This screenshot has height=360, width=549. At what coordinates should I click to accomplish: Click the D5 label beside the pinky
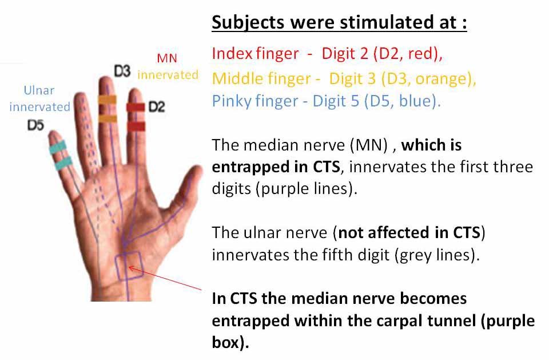pos(35,125)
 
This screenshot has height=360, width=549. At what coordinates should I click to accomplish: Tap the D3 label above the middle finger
pos(122,71)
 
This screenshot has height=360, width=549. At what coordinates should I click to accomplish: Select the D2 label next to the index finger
pos(157,106)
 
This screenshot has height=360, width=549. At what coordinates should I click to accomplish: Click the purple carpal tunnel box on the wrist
pos(129,266)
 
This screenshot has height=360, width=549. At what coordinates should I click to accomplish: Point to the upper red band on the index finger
pos(136,107)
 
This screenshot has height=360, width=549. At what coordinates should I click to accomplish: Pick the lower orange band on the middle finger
pos(108,118)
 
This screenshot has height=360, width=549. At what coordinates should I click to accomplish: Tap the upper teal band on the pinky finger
pos(57,147)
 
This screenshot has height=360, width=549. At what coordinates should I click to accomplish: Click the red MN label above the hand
pos(167,58)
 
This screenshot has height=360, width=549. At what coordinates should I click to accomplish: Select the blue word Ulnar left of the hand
pos(39,90)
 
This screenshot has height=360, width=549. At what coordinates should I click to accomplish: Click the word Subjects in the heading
pos(248,23)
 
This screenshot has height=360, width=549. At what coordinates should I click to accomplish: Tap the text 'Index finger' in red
pos(255,54)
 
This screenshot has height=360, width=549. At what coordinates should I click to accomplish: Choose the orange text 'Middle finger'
pos(261,78)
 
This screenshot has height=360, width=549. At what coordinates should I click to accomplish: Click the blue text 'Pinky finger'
pos(255,101)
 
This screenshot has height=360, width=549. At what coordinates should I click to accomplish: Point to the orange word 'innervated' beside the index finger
pos(168,74)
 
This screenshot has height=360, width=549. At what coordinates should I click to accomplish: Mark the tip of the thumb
pos(198,171)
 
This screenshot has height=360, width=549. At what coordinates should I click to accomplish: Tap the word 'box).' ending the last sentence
pos(230,342)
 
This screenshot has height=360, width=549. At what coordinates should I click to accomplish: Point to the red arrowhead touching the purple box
pos(132,269)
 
